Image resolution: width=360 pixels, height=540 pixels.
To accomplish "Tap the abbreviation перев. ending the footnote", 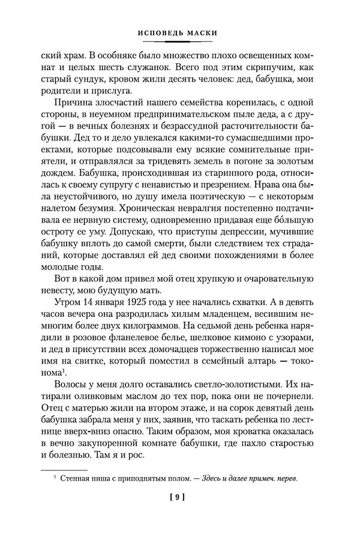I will [285, 478].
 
